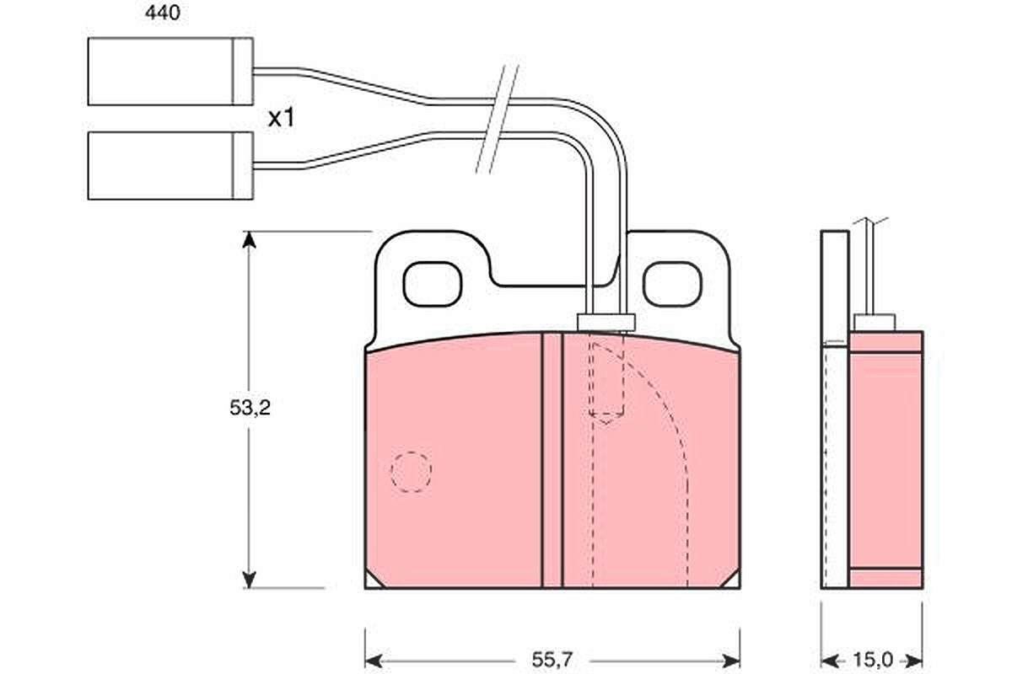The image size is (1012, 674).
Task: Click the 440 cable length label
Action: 163,13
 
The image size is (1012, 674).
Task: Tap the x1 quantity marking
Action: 281,118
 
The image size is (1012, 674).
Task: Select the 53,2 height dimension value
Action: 250,408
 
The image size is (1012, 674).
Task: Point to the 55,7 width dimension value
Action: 552,660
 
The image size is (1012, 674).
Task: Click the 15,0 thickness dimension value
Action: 873,660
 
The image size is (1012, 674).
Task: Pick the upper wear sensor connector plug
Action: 170,72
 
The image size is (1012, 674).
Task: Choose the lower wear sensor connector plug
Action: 170,166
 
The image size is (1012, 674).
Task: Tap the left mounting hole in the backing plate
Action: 433,284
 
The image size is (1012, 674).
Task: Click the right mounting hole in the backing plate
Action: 672,284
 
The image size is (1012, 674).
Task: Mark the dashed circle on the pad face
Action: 412,472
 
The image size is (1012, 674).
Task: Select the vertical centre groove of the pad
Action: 552,461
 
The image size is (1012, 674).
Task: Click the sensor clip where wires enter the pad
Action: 606,323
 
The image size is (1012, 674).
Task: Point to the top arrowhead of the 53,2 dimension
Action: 249,240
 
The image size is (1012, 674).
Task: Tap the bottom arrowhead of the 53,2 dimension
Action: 249,580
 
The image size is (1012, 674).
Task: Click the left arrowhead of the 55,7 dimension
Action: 374,662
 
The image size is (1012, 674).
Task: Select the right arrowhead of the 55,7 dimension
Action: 731,662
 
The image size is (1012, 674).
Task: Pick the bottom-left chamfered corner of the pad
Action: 372,581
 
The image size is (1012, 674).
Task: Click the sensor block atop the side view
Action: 875,323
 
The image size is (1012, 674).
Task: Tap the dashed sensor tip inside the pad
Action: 606,379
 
